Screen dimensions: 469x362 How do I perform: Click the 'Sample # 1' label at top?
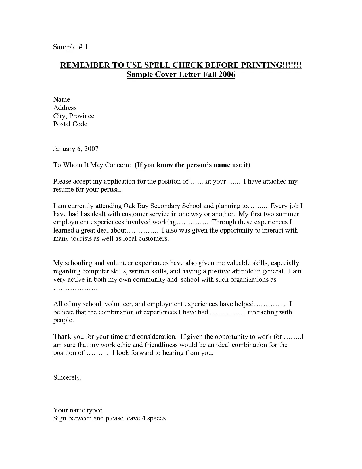70,47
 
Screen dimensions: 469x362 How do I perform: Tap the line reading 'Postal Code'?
70,124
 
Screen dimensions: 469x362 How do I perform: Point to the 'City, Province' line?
74,116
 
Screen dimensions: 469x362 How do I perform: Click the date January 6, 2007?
76,148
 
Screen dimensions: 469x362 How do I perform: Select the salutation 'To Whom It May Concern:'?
92,165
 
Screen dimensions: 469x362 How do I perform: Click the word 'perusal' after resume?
112,189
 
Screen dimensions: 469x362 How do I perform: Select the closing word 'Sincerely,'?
68,377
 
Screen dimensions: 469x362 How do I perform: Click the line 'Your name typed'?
78,410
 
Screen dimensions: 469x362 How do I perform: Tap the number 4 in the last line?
143,418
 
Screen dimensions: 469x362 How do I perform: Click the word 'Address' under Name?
65,108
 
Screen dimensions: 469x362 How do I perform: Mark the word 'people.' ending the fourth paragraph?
64,320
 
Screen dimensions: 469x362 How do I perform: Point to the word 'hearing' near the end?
173,353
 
